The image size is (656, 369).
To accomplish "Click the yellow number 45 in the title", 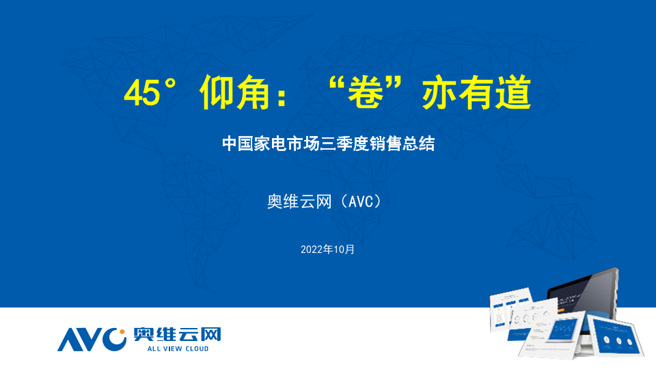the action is coord(142,93).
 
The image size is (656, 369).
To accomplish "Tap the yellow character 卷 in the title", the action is coord(366,92).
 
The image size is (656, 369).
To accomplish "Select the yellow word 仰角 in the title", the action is coord(234,92).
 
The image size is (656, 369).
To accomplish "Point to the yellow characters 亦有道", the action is coord(477,92).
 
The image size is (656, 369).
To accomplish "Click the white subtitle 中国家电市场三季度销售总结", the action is coord(329,143).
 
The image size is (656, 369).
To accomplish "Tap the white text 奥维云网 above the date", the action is coord(299,202).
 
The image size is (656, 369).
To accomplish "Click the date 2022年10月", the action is coord(327,249).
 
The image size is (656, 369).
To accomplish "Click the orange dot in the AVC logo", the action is coord(122,332).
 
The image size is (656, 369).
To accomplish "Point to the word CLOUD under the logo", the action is coord(197,348).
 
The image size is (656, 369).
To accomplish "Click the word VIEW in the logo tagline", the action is coord(172,348).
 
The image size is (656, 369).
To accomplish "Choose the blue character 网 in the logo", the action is coord(210,335).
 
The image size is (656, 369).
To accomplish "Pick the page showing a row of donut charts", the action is coord(534,318).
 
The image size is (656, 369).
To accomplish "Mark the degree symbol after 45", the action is coord(170,83).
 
